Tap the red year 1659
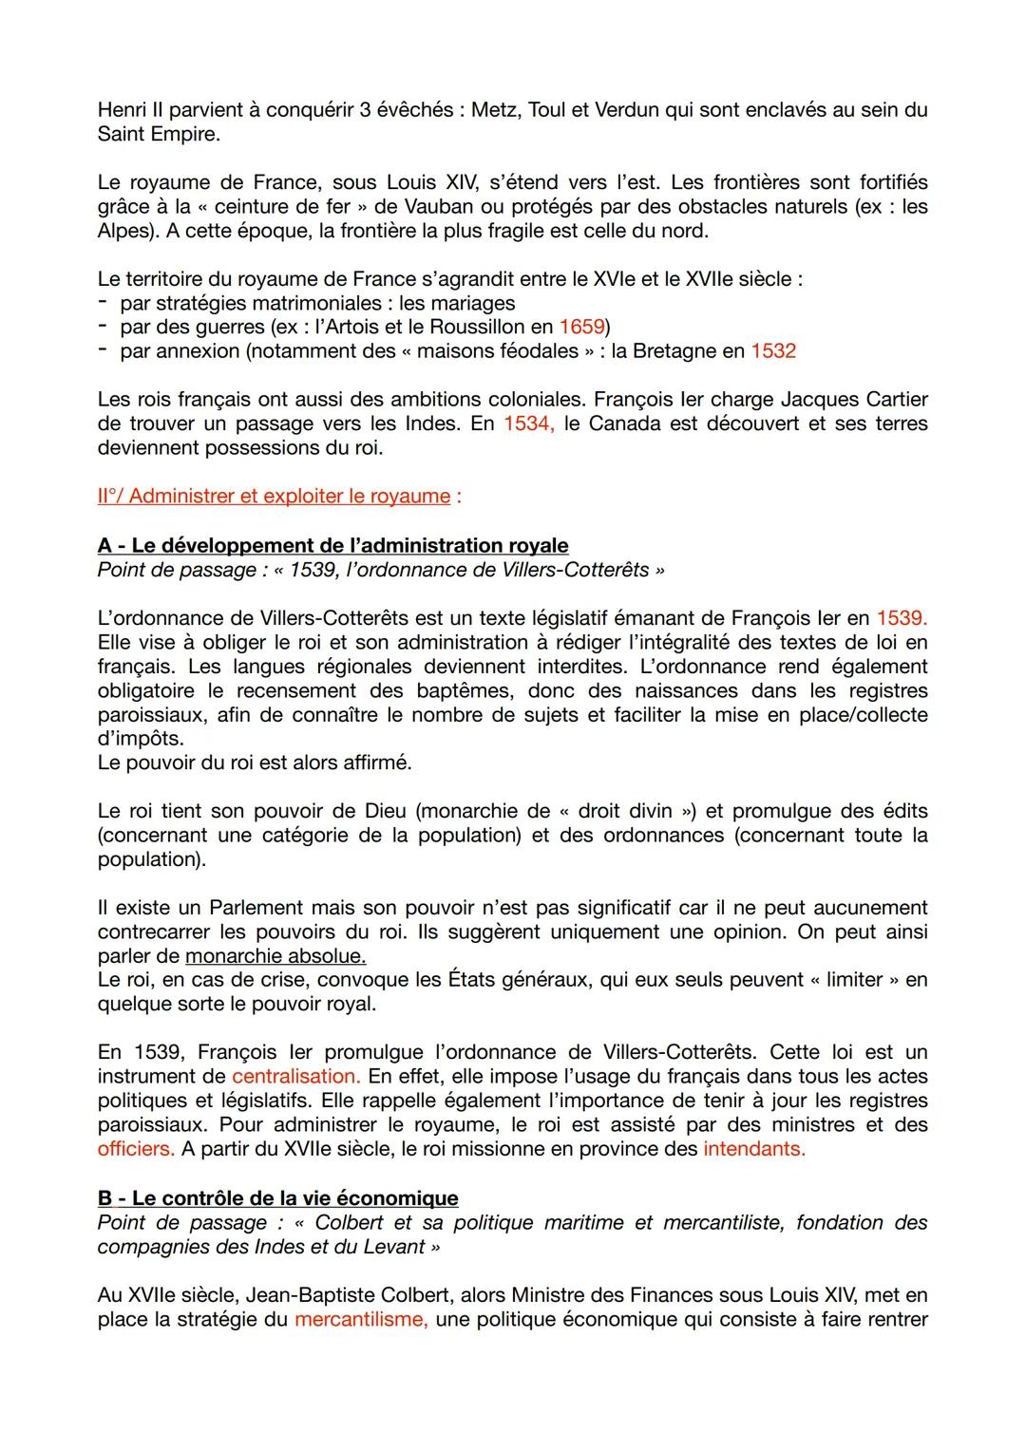581,327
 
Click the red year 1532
772,351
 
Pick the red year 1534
528,424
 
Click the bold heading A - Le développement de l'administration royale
332,545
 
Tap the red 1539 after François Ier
901,618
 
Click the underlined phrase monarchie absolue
275,955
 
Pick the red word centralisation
294,1077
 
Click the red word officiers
136,1149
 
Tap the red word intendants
753,1149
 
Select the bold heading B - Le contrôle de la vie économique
277,1198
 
